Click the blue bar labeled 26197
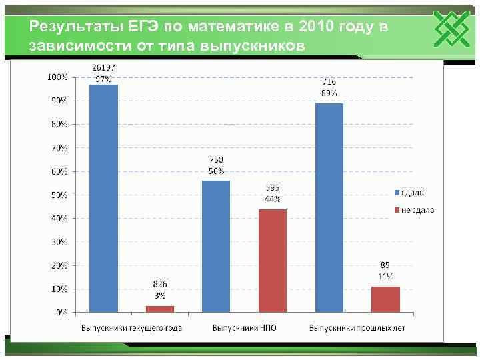tap(103, 198)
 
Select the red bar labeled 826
tap(160, 309)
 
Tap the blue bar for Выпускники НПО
tap(217, 246)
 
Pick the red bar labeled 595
tap(273, 261)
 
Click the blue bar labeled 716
tap(329, 207)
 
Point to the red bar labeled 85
tap(385, 299)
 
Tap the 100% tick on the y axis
tap(57, 77)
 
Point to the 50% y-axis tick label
tap(59, 195)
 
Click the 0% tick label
tap(61, 312)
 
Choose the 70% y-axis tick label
tap(59, 147)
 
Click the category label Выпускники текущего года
tap(131, 328)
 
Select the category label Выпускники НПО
tap(244, 328)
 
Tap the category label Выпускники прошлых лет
tap(357, 328)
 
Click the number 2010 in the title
tap(318, 27)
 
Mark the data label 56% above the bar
tap(217, 170)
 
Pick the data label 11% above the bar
tap(385, 275)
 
